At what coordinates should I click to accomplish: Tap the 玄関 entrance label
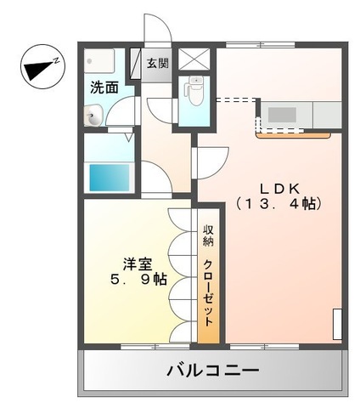157,64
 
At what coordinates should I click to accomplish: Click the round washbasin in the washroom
93,116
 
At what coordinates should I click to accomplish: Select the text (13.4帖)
278,204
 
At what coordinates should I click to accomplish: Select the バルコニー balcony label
211,371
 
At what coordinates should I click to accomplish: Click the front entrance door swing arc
157,30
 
